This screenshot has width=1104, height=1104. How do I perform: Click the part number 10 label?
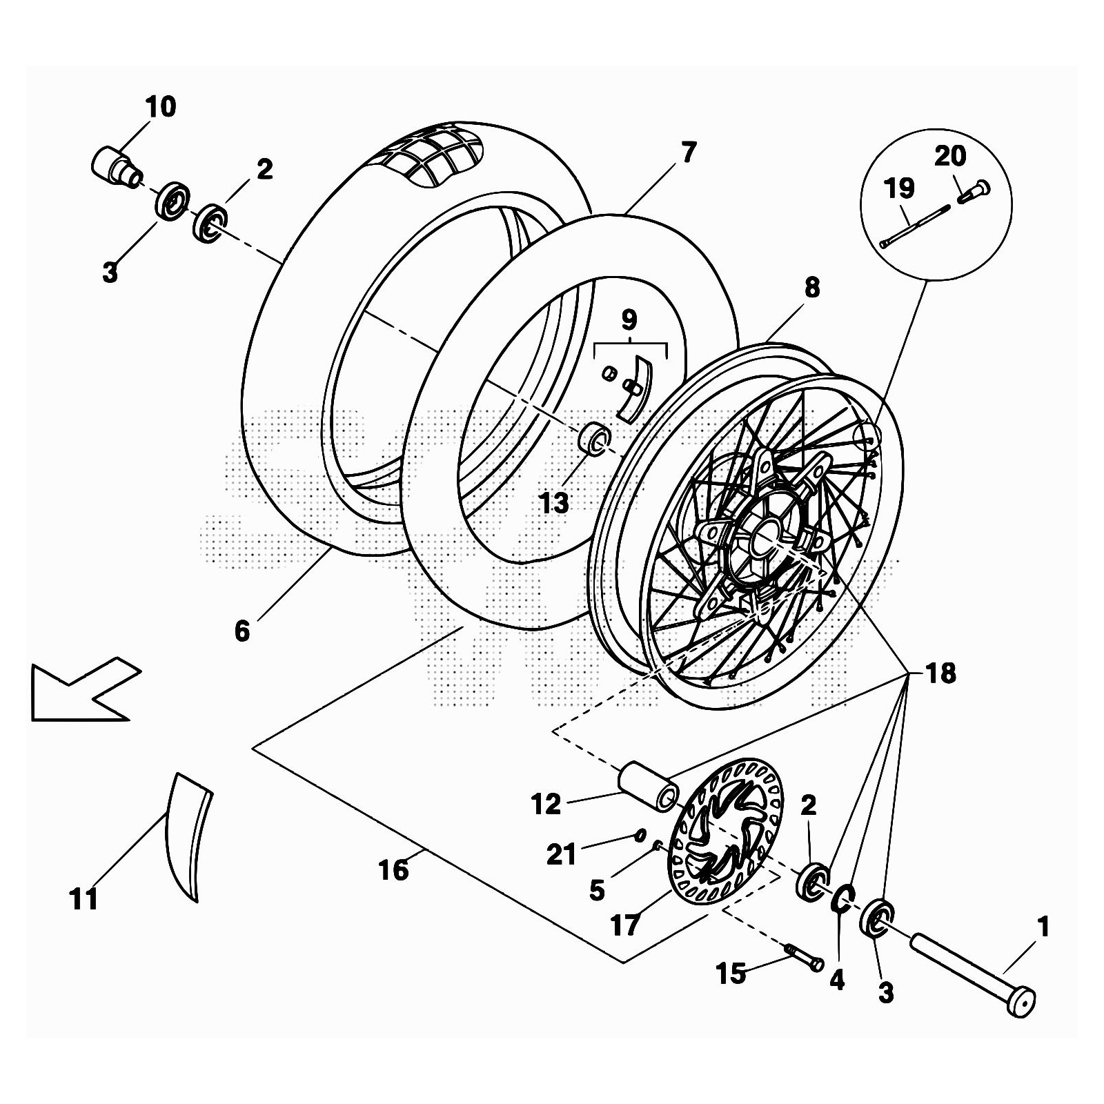pos(160,107)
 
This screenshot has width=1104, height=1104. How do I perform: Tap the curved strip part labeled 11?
pos(186,835)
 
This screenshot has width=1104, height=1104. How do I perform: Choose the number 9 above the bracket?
pos(629,319)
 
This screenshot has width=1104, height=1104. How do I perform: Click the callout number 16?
pos(393,871)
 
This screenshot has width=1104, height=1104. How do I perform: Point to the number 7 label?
pos(687,152)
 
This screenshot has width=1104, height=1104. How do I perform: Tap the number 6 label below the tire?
pos(241,631)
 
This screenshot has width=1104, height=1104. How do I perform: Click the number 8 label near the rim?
pos(812,288)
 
